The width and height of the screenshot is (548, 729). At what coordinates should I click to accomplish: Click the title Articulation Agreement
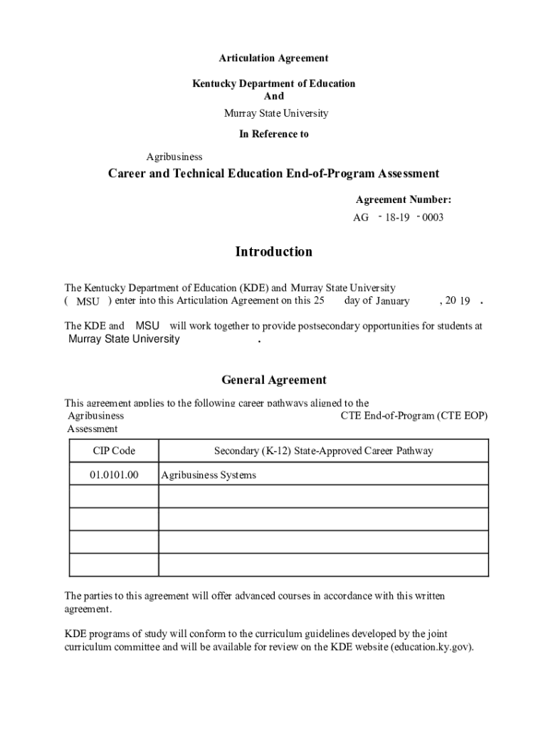(x=273, y=58)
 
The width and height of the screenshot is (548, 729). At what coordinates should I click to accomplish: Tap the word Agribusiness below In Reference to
(x=174, y=157)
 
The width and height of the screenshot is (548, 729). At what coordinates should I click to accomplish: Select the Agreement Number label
(x=404, y=200)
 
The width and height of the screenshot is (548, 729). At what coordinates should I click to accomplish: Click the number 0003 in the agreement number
(x=433, y=217)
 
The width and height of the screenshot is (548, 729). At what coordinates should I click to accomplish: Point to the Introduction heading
(x=273, y=252)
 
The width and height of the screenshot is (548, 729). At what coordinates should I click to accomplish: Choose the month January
(x=393, y=301)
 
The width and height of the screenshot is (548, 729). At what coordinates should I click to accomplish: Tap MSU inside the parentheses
(x=88, y=302)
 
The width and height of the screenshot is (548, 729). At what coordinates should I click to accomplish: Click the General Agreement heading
(x=273, y=380)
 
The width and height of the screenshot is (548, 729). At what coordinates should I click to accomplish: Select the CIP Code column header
(x=114, y=451)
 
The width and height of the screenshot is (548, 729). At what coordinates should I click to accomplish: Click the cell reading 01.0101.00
(x=114, y=475)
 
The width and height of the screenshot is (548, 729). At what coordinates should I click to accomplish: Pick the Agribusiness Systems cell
(x=209, y=475)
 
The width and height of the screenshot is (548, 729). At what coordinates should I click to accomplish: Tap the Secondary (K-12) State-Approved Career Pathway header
(x=323, y=451)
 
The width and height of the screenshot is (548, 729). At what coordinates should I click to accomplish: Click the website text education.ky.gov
(x=431, y=647)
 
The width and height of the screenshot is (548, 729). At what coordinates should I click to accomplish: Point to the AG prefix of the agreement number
(x=361, y=217)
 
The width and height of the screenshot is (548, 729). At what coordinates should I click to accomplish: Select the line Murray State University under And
(x=276, y=113)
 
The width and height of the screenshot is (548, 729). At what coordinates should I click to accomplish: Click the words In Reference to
(x=274, y=134)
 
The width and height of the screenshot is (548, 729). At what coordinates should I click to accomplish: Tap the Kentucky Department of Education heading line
(x=273, y=84)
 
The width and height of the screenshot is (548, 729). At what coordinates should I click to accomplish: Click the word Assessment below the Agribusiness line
(x=93, y=429)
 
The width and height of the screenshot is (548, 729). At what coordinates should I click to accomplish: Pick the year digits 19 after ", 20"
(x=465, y=301)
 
